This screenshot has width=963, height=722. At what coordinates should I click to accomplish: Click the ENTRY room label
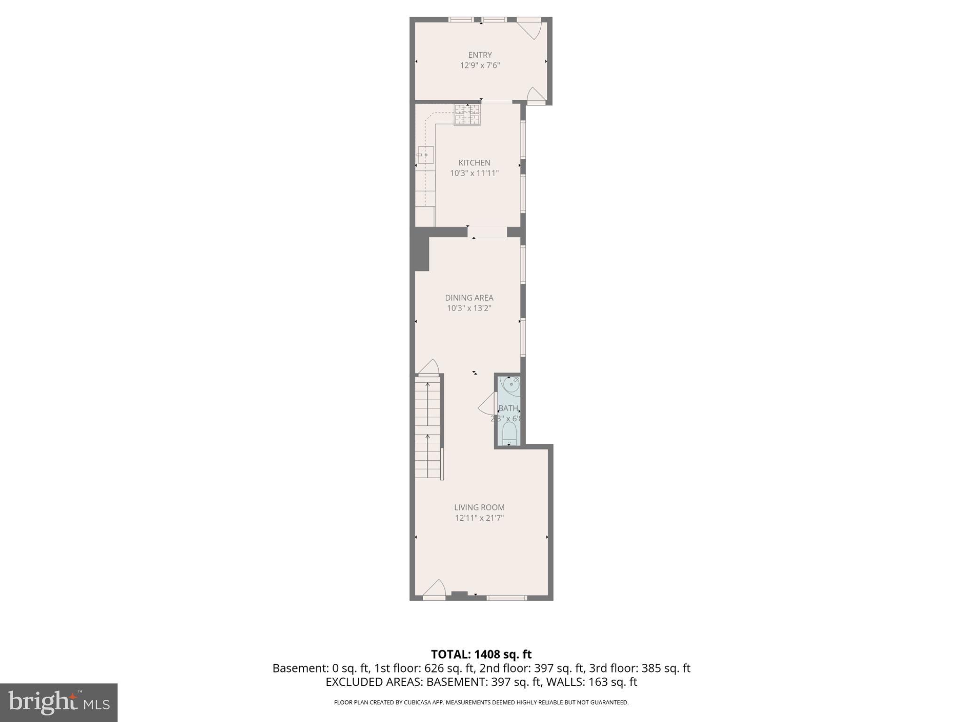point(480,55)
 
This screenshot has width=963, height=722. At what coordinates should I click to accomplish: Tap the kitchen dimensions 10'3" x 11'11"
point(474,173)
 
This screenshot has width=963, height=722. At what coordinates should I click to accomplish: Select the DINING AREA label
point(469,298)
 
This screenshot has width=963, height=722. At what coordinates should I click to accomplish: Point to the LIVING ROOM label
point(479,507)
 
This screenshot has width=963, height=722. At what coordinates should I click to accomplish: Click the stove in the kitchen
point(467,115)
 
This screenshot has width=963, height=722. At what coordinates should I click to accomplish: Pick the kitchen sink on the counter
point(426,154)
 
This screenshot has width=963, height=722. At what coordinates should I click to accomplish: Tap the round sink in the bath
point(511,385)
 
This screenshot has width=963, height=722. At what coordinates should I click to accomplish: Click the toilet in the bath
point(509,433)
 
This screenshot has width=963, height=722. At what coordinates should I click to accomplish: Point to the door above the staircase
point(428,368)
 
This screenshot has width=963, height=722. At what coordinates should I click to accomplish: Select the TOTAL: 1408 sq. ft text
point(481,654)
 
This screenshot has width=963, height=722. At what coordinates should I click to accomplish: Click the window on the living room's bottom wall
point(506,598)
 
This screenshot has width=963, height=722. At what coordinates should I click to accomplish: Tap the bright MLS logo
point(59,702)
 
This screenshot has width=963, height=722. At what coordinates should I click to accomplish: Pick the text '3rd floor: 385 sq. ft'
point(639,668)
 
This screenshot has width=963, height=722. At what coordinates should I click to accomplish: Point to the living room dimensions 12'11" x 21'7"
point(479,518)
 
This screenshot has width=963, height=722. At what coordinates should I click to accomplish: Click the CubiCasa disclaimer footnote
point(481,702)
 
